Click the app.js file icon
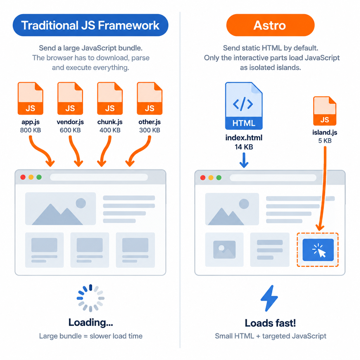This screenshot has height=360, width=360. pyautogui.click(x=30, y=98)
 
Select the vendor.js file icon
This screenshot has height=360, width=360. pyautogui.click(x=70, y=98)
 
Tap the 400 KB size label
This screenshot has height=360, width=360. pyautogui.click(x=110, y=130)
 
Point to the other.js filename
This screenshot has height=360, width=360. pyautogui.click(x=149, y=122)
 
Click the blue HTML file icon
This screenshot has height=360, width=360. pyautogui.click(x=244, y=106)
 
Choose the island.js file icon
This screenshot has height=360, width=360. pyautogui.click(x=324, y=111)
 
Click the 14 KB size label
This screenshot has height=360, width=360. pyautogui.click(x=244, y=147)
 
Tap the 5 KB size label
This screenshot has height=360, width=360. pyautogui.click(x=325, y=141)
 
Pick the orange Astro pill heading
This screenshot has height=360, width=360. pyautogui.click(x=270, y=25)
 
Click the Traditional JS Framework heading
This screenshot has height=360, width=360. pyautogui.click(x=90, y=25)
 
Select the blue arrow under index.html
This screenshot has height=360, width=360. pyautogui.click(x=244, y=160)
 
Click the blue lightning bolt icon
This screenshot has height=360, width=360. pyautogui.click(x=269, y=298)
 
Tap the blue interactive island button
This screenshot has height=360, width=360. pyautogui.click(x=318, y=250)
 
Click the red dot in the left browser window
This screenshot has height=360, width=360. pyautogui.click(x=23, y=177)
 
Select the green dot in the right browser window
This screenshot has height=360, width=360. pyautogui.click(x=219, y=178)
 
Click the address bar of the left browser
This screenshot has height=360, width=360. pyautogui.click(x=99, y=177)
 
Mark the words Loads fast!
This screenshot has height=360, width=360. pyautogui.click(x=270, y=323)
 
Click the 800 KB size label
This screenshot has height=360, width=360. pyautogui.click(x=31, y=130)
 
